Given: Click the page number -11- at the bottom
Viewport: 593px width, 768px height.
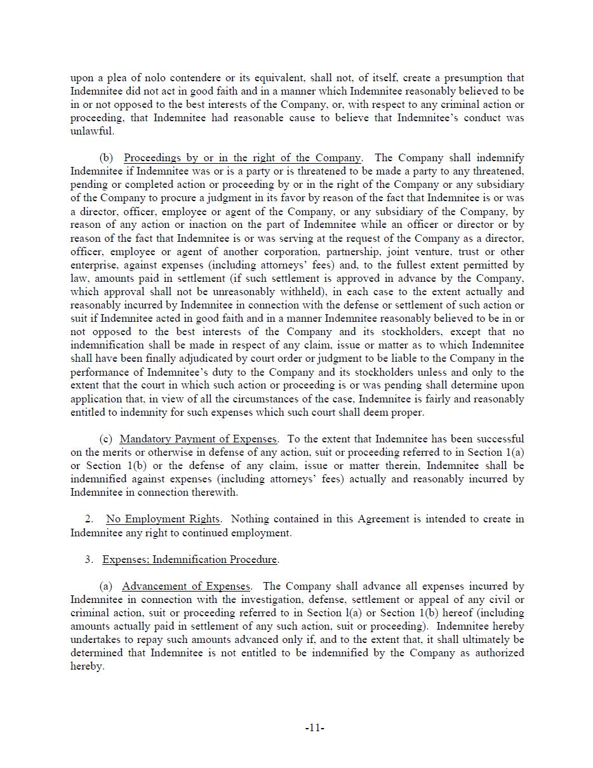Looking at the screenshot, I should click(315, 728).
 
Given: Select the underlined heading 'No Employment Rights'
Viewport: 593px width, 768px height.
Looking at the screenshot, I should click(163, 519).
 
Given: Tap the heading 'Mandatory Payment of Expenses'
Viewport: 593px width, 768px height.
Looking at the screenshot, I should click(198, 439).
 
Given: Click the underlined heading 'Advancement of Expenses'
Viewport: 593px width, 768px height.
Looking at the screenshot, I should click(187, 586).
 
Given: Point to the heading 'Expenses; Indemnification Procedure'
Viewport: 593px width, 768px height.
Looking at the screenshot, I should click(190, 560).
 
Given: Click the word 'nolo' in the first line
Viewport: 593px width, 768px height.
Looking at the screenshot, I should click(136, 78).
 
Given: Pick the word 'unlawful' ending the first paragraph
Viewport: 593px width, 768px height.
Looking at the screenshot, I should click(91, 131).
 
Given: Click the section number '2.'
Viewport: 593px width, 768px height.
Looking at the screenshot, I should click(89, 519).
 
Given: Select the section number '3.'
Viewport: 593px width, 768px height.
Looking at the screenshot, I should click(89, 560).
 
